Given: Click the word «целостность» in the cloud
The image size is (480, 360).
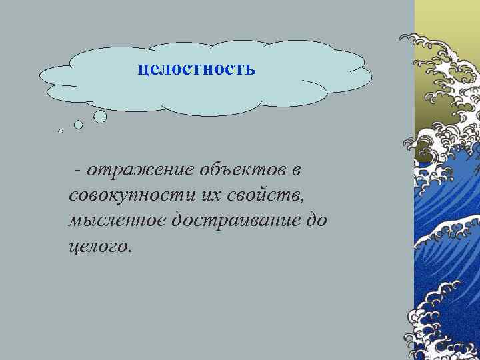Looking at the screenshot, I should tap(197, 69).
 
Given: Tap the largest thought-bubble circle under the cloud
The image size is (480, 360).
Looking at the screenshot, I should tap(100, 117).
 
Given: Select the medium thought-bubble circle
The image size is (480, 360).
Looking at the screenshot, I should tap(79, 125).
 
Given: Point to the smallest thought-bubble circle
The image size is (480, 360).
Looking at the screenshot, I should tap(61, 131).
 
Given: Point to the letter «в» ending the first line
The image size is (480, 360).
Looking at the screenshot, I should tap(296, 171).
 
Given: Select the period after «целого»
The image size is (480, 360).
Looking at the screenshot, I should tap(131, 251).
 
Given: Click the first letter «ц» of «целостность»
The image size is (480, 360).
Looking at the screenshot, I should tap(143, 69).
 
